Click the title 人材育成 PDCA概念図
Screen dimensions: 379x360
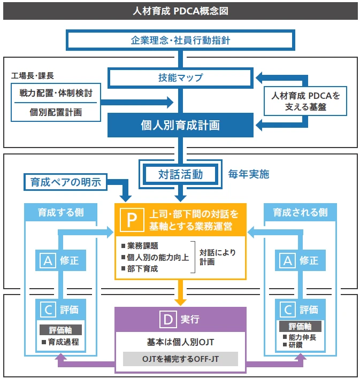click(x=180, y=11)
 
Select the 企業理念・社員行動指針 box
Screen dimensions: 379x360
click(x=180, y=40)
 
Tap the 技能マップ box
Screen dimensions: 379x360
click(x=180, y=78)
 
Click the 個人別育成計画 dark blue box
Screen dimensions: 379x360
click(x=180, y=125)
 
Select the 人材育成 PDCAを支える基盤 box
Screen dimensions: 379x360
click(x=305, y=101)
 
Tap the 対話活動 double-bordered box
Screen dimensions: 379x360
click(x=180, y=174)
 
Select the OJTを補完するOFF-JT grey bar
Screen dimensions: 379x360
click(x=180, y=359)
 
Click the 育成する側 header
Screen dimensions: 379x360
click(x=60, y=212)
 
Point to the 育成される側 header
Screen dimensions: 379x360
click(x=300, y=212)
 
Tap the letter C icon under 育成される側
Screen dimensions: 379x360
click(x=288, y=309)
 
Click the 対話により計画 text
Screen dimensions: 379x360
click(x=217, y=257)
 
